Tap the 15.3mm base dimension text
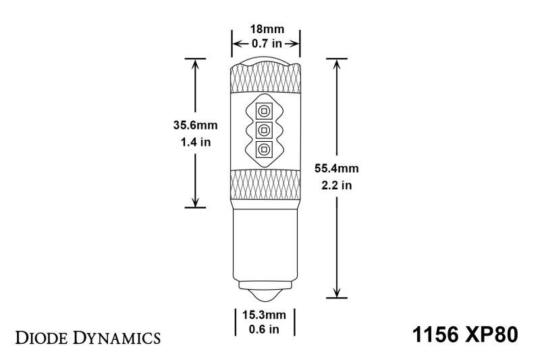265,315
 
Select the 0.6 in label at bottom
265,329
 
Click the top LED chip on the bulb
265,111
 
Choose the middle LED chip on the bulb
265,130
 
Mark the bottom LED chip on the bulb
265,150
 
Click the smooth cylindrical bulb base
265,243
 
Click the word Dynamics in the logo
118,336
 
